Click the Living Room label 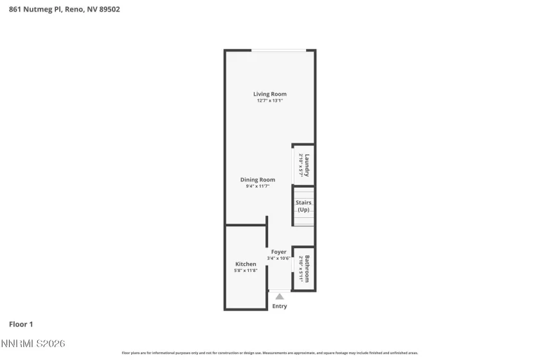tap(269, 94)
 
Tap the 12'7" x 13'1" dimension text tap(269, 100)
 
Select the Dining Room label tap(257, 180)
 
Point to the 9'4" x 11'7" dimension tap(257, 186)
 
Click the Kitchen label tap(246, 264)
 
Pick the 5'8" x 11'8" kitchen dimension tap(246, 271)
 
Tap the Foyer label tap(278, 252)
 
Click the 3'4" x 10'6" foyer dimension tap(278, 258)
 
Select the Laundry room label tap(307, 165)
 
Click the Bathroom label tap(307, 268)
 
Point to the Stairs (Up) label tap(303, 206)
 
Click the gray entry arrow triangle tap(279, 296)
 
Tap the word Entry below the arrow tap(280, 306)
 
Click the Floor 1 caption tap(21, 325)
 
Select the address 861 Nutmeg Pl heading tap(64, 10)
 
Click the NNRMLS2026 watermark tap(33, 345)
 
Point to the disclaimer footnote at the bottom tap(269, 353)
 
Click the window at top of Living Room tap(278, 51)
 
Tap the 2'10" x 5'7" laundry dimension tap(300, 165)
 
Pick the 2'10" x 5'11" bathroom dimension tap(300, 268)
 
